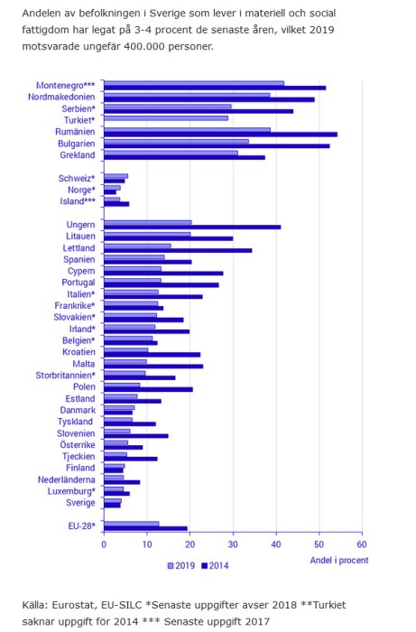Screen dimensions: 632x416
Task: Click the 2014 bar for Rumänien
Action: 220,135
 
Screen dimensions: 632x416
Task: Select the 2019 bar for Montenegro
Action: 194,83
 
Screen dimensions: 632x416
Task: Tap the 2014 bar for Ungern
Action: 192,228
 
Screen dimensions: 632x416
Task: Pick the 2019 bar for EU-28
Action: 132,524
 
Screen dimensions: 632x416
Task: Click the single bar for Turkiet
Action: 166,118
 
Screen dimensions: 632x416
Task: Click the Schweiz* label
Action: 77,178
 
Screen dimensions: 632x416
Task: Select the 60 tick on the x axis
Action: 361,544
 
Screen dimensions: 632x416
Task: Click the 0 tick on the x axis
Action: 104,544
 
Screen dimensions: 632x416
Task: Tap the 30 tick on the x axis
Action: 233,544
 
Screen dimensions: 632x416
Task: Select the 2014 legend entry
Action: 215,565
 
